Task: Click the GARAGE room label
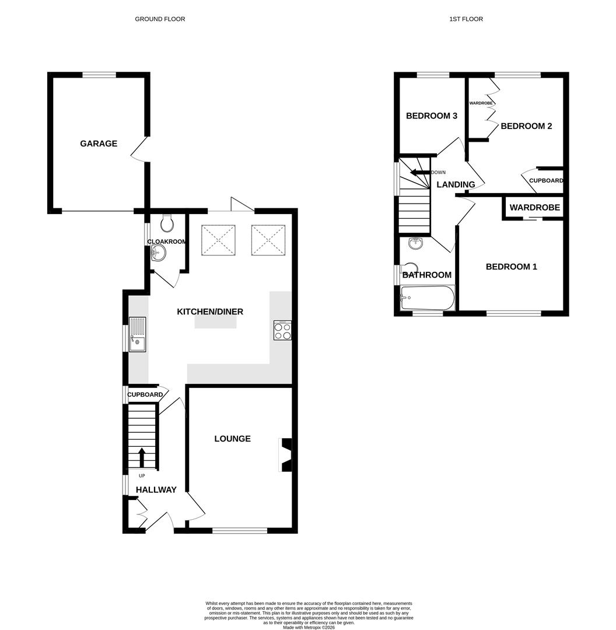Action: [99, 143]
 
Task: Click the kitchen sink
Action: [137, 335]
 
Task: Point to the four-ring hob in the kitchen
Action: [282, 331]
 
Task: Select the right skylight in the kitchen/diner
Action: [268, 240]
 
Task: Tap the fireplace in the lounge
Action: [286, 454]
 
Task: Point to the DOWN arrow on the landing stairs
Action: [418, 172]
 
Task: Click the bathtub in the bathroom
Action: [427, 298]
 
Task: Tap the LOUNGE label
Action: [232, 439]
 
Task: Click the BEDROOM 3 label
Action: [431, 116]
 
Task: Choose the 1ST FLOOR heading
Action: [466, 19]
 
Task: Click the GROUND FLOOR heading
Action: [160, 19]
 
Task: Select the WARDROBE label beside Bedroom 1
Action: [534, 208]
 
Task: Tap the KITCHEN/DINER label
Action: [210, 311]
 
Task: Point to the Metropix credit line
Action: [309, 627]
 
